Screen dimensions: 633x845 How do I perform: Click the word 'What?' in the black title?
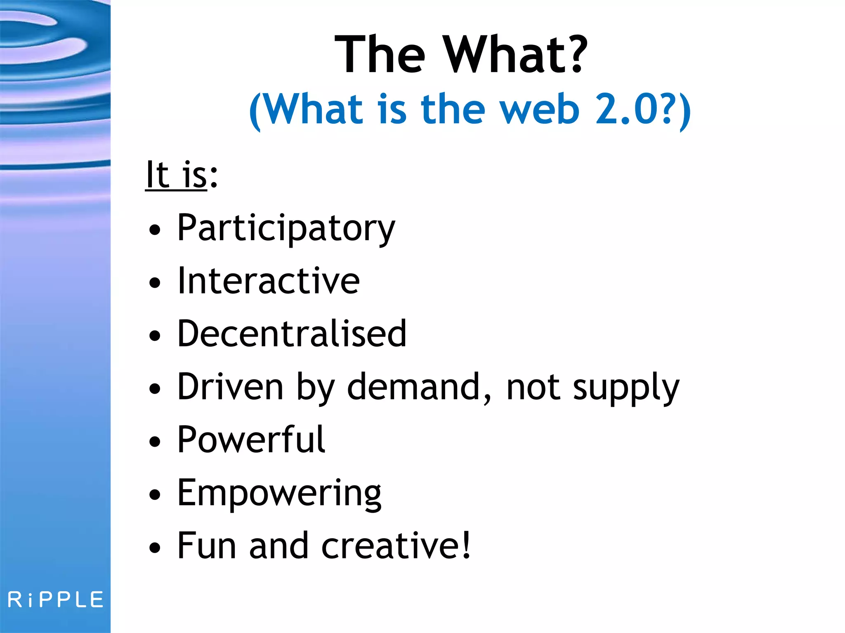tap(515, 54)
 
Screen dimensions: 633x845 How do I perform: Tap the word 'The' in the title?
tap(380, 54)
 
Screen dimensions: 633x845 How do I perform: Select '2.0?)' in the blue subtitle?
tap(643, 109)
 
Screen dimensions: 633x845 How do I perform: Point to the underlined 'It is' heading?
tap(177, 175)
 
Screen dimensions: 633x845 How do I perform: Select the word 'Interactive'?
tap(268, 281)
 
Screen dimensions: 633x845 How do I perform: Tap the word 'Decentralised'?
tap(292, 334)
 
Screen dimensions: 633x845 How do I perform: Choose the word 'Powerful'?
tap(251, 440)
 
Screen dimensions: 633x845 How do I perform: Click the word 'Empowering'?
tap(279, 493)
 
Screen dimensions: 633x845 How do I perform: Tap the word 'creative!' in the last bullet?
tap(396, 546)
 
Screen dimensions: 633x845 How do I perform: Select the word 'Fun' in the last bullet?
tap(207, 546)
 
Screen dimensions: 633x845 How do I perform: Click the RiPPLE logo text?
tap(56, 600)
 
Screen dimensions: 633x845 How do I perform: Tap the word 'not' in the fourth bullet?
tap(533, 387)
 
